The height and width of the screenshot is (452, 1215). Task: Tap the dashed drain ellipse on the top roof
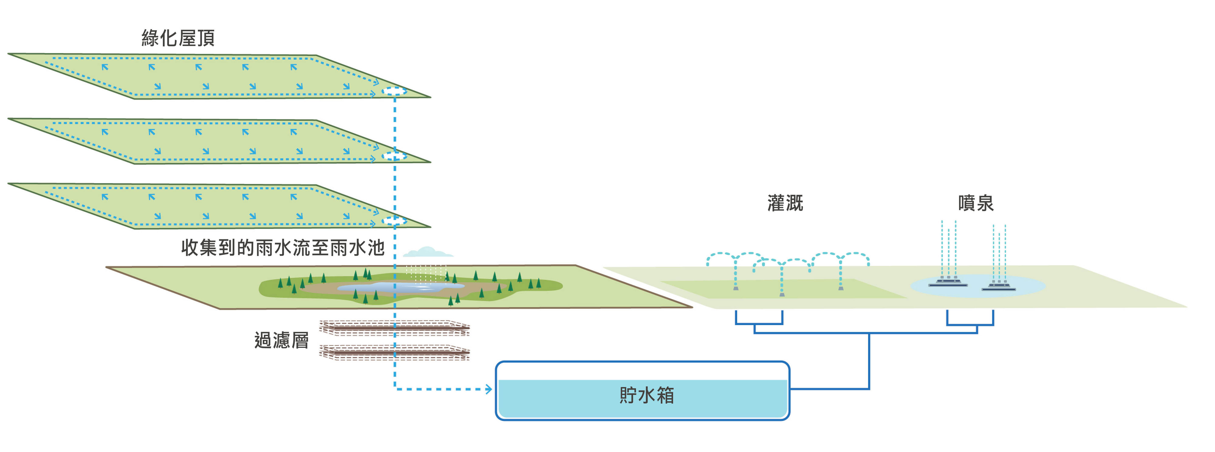tap(394, 91)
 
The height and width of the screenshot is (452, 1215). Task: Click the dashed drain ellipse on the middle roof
tap(394, 156)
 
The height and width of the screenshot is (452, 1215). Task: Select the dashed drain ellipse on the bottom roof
tap(394, 221)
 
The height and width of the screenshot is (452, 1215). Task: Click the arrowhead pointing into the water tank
tap(489, 389)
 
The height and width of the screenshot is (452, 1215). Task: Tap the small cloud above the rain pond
tap(427, 252)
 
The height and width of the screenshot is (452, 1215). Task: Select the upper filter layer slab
tap(394, 328)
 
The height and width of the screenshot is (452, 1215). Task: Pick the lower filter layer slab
tap(394, 352)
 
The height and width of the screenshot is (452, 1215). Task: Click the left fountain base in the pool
tap(948, 283)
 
